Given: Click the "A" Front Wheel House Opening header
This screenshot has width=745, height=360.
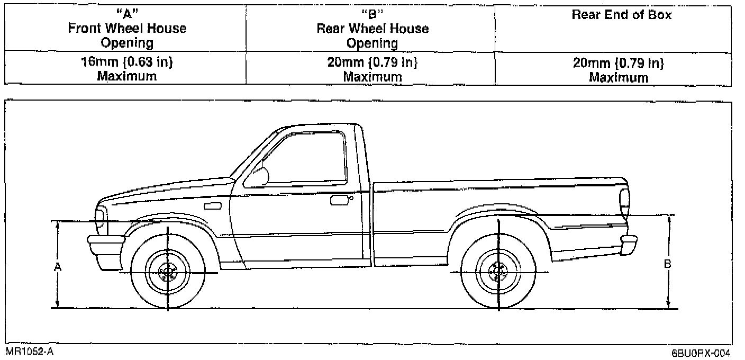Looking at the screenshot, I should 127,29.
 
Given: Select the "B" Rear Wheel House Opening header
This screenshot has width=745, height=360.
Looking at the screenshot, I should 373,29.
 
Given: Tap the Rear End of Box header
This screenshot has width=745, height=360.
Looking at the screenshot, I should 621,15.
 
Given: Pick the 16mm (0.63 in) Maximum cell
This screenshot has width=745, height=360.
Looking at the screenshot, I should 127,69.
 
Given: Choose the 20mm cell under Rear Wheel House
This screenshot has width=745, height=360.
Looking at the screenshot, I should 373,69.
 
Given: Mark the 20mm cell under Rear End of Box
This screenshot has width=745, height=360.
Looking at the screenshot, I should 619,70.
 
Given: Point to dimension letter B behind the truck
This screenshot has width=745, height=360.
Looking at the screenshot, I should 668,263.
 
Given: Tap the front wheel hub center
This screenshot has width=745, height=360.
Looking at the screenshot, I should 168,273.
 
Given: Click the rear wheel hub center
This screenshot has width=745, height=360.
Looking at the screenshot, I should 498,273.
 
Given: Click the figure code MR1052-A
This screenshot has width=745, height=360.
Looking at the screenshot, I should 30,351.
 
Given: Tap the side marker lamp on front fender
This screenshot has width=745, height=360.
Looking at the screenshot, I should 212,205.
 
